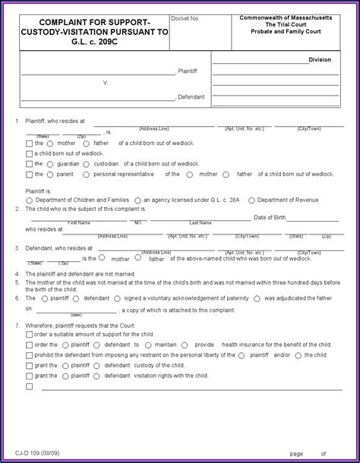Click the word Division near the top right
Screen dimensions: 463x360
click(319, 58)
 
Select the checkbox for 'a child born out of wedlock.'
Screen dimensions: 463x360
click(29, 153)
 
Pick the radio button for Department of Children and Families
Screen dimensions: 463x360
click(28, 200)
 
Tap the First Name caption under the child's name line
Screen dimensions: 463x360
click(80, 223)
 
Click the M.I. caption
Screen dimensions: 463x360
click(138, 223)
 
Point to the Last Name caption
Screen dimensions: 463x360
click(201, 223)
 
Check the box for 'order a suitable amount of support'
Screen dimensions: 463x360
click(29, 335)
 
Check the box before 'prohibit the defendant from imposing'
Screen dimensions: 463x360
click(29, 354)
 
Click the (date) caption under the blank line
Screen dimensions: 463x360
click(77, 314)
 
